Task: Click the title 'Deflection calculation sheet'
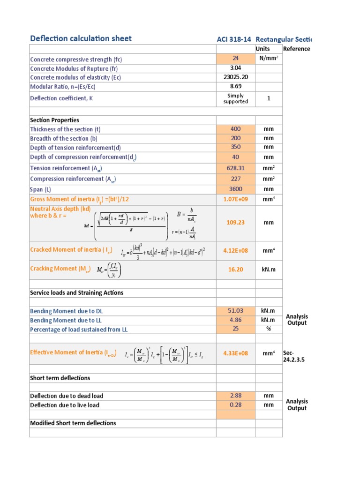[x=81, y=38]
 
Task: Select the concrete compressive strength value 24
[x=235, y=59]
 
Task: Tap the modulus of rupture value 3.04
[x=235, y=68]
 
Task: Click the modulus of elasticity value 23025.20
[x=235, y=77]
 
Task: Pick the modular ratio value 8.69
[x=235, y=86]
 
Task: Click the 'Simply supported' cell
[x=235, y=98]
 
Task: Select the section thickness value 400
[x=235, y=129]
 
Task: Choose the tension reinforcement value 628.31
[x=235, y=168]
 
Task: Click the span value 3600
[x=235, y=189]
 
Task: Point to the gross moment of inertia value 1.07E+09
[x=235, y=199]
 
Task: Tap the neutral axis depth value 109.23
[x=235, y=223]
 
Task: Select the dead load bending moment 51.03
[x=235, y=311]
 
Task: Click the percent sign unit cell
[x=269, y=329]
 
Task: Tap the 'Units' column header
[x=263, y=49]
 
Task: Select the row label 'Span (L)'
[x=41, y=189]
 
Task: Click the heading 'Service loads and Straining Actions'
[x=76, y=292]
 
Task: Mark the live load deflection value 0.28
[x=235, y=405]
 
